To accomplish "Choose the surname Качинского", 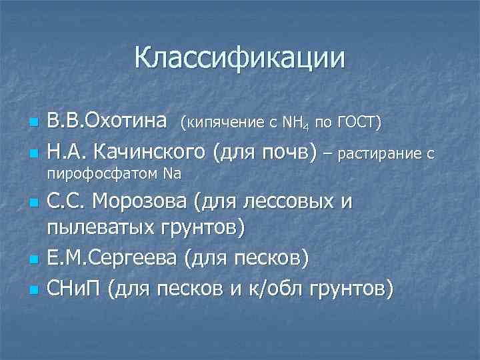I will pos(149,153).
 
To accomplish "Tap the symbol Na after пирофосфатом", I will pos(172,174).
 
